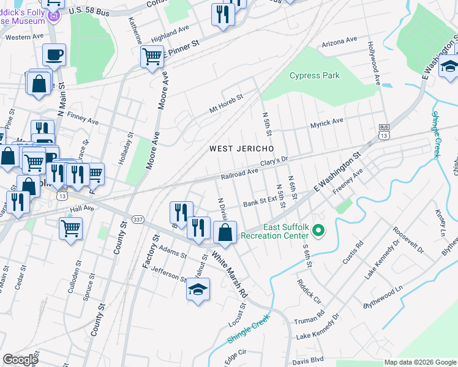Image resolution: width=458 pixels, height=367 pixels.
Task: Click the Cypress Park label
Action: click(315, 76)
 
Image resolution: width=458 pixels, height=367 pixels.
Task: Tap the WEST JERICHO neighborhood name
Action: click(241, 149)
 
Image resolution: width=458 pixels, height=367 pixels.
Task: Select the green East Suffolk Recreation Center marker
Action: click(318, 231)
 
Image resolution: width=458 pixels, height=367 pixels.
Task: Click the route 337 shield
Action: click(138, 220)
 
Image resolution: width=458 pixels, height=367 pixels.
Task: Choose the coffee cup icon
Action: click(54, 55)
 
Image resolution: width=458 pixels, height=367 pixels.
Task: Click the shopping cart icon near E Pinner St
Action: click(152, 57)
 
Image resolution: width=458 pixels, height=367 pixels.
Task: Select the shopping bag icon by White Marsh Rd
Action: click(225, 232)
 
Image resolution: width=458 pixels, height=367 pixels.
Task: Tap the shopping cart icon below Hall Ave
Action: click(71, 229)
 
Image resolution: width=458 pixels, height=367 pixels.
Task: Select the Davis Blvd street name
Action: click(308, 359)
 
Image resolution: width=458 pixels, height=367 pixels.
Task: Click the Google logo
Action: click(21, 360)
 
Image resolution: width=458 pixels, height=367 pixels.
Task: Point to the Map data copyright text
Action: click(419, 362)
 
